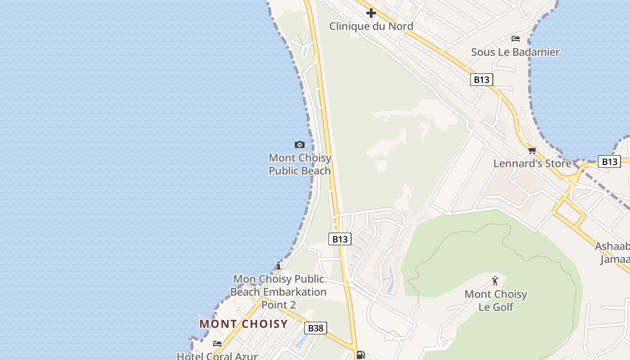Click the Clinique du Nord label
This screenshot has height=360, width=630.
(x=371, y=26)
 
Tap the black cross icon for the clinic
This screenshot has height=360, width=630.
(x=371, y=13)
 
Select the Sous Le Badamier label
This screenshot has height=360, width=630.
(x=515, y=52)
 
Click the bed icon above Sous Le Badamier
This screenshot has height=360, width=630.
(x=516, y=39)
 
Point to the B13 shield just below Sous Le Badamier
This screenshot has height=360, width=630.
(x=481, y=80)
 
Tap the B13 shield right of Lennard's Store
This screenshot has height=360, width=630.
(x=609, y=162)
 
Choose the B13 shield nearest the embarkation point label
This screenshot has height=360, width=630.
(x=340, y=239)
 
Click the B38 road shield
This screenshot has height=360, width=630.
(x=315, y=328)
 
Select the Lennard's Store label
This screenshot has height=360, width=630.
(x=532, y=163)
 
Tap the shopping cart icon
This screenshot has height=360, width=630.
(x=532, y=150)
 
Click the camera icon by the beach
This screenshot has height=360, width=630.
(x=299, y=144)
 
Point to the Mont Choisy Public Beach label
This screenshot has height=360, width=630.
(x=300, y=164)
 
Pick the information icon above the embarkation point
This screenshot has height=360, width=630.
(x=279, y=265)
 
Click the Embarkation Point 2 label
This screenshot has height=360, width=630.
(x=279, y=292)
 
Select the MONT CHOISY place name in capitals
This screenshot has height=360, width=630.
(x=243, y=324)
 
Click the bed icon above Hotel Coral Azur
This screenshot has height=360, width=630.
(x=217, y=344)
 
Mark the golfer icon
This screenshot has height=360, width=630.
(x=495, y=281)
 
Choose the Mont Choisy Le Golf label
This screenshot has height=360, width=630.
(x=495, y=301)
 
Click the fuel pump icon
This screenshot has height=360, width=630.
(x=360, y=355)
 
